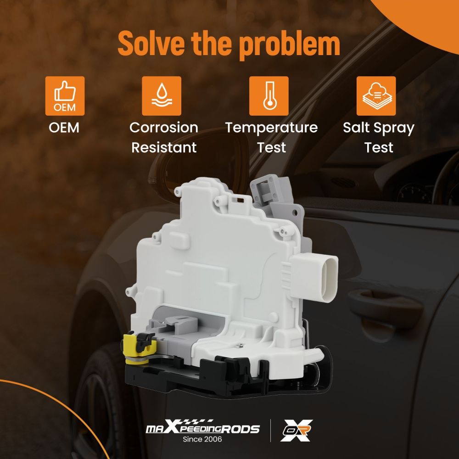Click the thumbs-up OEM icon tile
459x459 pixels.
pyautogui.click(x=65, y=96)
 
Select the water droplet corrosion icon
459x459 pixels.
pyautogui.click(x=162, y=96)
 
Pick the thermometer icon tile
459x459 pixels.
pyautogui.click(x=269, y=96)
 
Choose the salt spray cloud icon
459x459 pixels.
pyautogui.click(x=376, y=96)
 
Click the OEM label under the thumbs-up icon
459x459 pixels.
pyautogui.click(x=64, y=128)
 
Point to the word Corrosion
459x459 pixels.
pyautogui.click(x=164, y=128)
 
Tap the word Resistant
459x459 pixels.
pyautogui.click(x=164, y=147)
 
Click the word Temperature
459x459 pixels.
pyautogui.click(x=271, y=128)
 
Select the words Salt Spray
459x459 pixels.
pyautogui.click(x=379, y=128)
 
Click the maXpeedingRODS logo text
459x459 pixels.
pyautogui.click(x=202, y=428)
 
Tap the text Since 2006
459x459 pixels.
pyautogui.click(x=202, y=439)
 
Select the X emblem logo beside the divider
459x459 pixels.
pyautogui.click(x=296, y=431)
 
